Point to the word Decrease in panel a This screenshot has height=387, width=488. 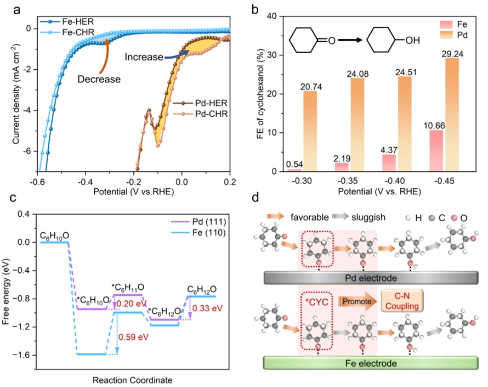(99, 79)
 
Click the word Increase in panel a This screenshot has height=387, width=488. (144, 56)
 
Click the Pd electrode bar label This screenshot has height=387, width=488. (377, 278)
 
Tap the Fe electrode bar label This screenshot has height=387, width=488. (377, 364)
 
